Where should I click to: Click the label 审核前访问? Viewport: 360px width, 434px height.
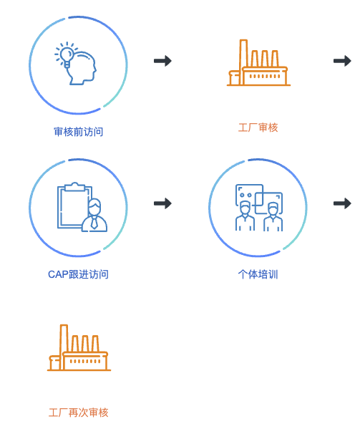pos(78,132)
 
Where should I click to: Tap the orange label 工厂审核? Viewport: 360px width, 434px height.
pos(258,127)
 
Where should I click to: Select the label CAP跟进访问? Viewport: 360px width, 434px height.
pos(78,274)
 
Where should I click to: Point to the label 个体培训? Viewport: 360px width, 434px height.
pos(258,274)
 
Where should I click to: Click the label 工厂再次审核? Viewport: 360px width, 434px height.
pos(78,413)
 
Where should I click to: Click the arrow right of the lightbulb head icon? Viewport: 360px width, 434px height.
pos(162,61)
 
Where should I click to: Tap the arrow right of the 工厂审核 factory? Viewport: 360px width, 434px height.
pos(342,61)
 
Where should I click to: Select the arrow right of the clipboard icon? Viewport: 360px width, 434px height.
pos(162,203)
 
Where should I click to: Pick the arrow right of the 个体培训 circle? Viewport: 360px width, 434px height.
pos(342,203)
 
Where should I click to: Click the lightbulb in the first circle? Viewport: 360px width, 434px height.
pos(67,55)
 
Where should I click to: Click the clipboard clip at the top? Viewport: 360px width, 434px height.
pos(74,186)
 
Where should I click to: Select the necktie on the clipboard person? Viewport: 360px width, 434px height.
pos(94,222)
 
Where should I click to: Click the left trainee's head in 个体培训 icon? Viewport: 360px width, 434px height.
pos(245,208)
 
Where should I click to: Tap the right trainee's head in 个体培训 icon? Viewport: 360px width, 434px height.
pos(273,209)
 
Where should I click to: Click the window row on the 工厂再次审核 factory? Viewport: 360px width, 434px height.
pos(85,361)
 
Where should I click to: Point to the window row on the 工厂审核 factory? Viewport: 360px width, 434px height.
pos(265,76)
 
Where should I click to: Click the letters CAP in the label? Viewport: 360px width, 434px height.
pos(58,274)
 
